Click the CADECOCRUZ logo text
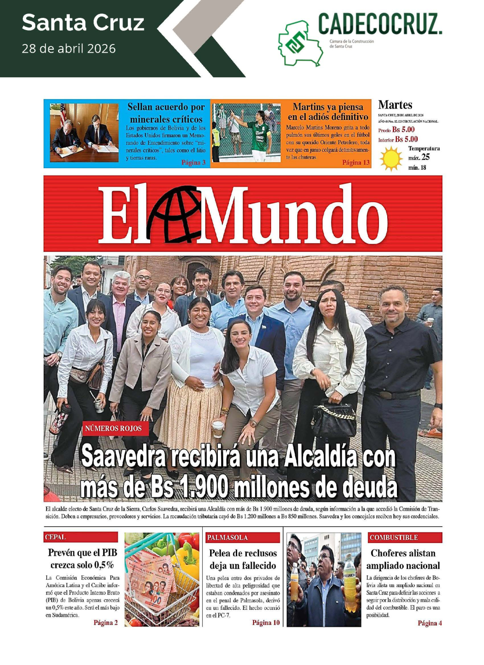click(379, 24)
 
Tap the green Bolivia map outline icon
click(299, 43)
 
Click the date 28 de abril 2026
click(69, 49)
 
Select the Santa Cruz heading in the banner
click(83, 23)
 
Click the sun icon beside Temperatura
click(391, 159)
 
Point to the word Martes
click(395, 105)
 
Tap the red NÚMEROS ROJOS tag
click(113, 429)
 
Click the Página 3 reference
click(193, 163)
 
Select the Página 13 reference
click(356, 163)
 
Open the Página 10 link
click(266, 623)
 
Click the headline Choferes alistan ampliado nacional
click(403, 559)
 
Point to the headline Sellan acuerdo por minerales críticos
click(166, 113)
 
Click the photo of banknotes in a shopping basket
click(162, 579)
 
